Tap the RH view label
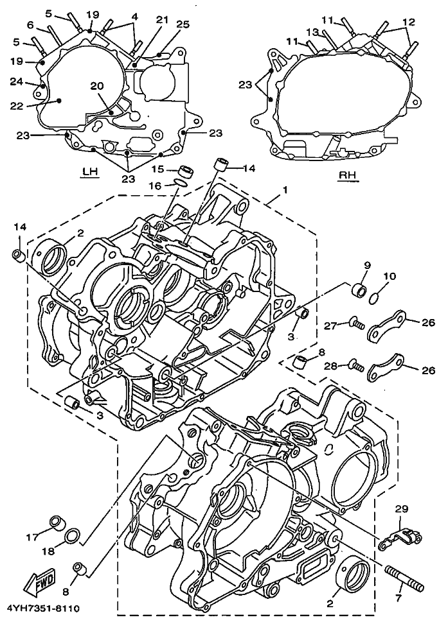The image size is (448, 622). (348, 175)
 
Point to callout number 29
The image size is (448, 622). (401, 509)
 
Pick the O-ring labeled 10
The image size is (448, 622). (379, 297)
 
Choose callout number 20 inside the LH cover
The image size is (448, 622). (96, 86)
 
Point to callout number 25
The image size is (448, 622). (183, 24)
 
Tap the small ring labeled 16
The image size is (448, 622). (181, 184)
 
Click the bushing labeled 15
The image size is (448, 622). (185, 171)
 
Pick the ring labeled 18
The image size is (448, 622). (74, 534)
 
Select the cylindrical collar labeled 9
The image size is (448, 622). (359, 290)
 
